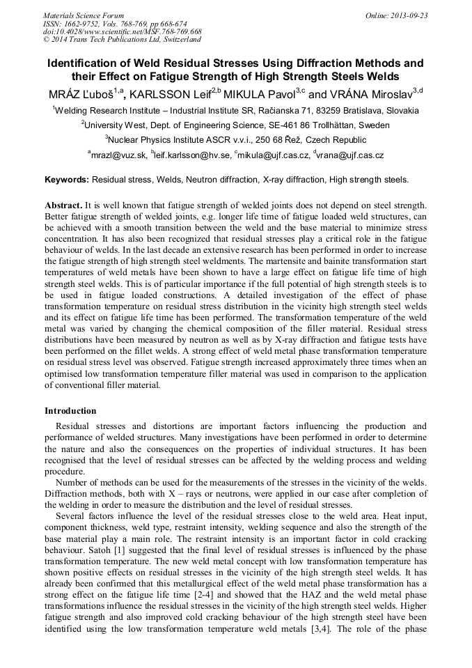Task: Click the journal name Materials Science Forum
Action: click(x=84, y=15)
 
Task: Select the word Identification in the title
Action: click(x=81, y=63)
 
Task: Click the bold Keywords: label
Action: click(x=67, y=180)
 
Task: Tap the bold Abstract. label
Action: click(x=63, y=206)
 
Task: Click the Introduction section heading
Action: click(x=70, y=411)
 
